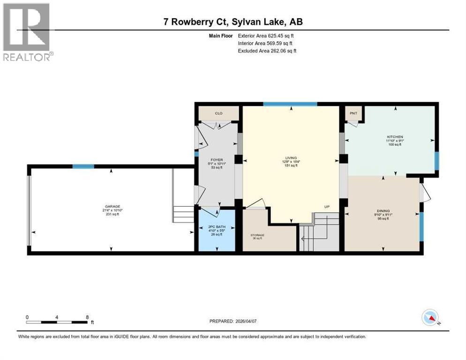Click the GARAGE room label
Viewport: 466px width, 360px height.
[x=113, y=206]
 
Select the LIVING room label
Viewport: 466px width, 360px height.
[x=291, y=158]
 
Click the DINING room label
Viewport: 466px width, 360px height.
[x=383, y=211]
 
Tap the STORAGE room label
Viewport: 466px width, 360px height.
[x=257, y=235]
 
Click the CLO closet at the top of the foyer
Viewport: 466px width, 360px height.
[x=218, y=113]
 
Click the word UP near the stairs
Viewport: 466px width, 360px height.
[x=327, y=207]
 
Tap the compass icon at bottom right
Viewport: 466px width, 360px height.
[x=429, y=318]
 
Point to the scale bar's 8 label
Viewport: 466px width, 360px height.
[x=87, y=317]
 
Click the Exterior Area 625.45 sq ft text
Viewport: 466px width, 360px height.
[x=266, y=36]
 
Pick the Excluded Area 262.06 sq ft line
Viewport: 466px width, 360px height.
[x=267, y=51]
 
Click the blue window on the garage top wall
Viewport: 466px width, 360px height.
[x=83, y=166]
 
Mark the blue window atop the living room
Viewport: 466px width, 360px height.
[x=290, y=104]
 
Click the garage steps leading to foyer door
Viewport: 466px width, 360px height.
[x=183, y=214]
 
